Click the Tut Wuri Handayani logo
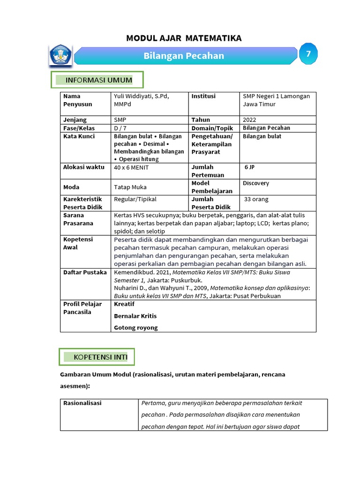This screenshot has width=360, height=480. point(60,55)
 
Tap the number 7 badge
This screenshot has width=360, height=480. point(308,54)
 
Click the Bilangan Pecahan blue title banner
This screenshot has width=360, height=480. point(184,56)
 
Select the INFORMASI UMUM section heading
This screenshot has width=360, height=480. point(97,81)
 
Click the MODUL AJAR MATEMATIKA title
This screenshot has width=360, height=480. point(184,38)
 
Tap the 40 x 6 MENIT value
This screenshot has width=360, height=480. point(131,167)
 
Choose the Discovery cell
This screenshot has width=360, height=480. point(256,183)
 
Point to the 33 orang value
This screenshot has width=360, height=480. point(256,199)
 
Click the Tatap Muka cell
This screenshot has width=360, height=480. point(130,187)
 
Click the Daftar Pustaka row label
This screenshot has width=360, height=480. point(85,272)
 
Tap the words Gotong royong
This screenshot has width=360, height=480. point(136,328)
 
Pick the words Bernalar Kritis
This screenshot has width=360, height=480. point(135,316)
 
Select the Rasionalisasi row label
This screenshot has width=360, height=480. point(82,403)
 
